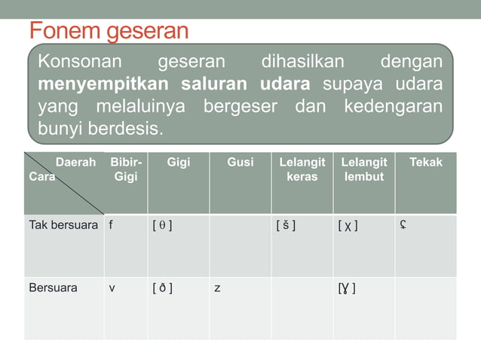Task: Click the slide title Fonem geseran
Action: click(109, 32)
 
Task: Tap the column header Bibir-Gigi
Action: click(125, 169)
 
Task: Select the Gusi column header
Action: click(240, 162)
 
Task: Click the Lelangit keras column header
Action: click(302, 169)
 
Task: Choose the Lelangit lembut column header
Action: click(363, 169)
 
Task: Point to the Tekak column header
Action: click(426, 162)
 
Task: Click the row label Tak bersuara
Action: click(63, 224)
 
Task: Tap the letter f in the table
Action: click(111, 224)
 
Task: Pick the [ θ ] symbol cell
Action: click(162, 224)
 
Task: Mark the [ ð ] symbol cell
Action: click(162, 288)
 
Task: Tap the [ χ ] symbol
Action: click(348, 224)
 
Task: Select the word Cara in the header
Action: click(41, 176)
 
